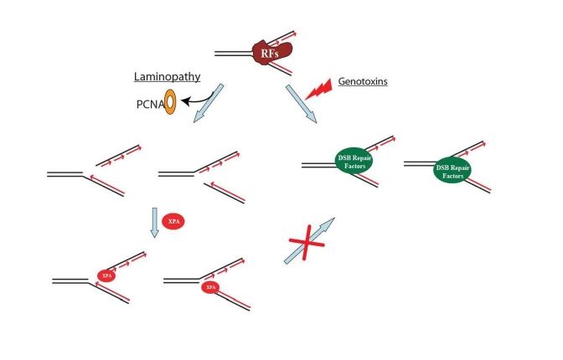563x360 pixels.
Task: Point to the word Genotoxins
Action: click(362, 83)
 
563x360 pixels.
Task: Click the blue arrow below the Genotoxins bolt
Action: click(301, 103)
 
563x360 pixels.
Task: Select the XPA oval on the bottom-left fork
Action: click(106, 274)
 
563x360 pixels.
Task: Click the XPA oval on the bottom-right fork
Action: click(212, 286)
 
